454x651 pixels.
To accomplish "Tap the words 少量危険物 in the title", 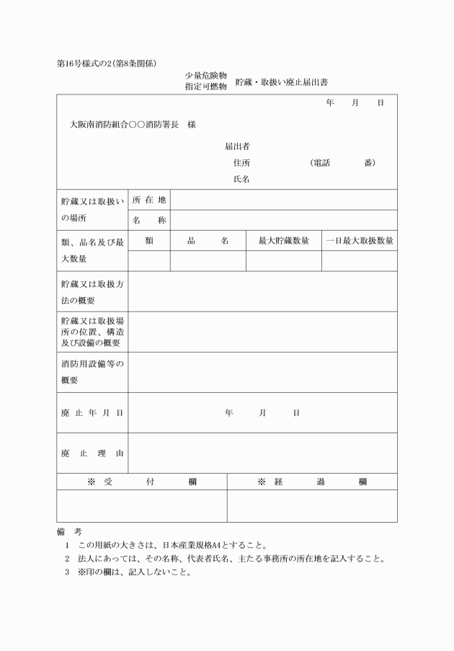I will point(206,76).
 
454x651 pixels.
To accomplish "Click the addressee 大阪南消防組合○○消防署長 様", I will point(133,124).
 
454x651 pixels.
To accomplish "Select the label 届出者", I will point(237,146).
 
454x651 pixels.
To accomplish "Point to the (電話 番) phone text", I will point(342,163).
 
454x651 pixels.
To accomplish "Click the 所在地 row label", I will point(149,200).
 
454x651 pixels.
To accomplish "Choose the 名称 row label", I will point(149,220).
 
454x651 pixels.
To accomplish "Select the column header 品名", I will point(208,241).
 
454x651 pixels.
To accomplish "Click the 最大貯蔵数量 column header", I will point(283,241).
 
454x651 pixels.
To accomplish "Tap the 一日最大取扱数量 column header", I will point(359,241).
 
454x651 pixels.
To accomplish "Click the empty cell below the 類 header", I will point(149,260).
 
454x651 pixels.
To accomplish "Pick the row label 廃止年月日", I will point(92,412).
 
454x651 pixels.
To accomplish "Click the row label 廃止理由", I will point(92,453).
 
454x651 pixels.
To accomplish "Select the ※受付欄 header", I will point(142,482).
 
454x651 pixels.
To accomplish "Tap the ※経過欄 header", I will point(312,482).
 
